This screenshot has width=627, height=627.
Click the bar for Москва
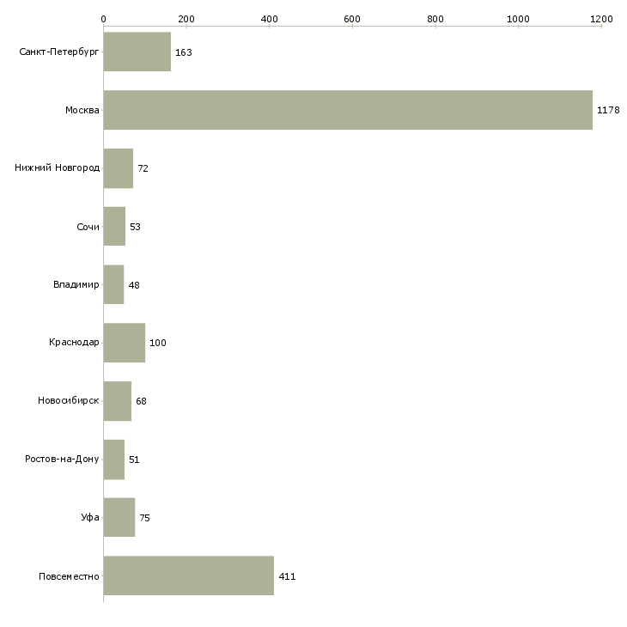point(348,110)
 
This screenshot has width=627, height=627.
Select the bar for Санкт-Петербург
point(137,52)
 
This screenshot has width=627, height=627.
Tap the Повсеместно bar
point(189,575)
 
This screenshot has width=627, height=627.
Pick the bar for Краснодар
point(125,343)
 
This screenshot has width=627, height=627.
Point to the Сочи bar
point(114,227)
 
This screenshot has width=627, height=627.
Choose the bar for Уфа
point(119,517)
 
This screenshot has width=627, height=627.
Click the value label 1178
point(608,110)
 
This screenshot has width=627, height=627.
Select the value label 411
point(287,576)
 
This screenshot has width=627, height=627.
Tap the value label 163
point(184,52)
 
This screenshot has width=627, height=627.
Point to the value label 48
point(134,285)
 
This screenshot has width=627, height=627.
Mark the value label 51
point(134,460)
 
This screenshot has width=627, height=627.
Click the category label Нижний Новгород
point(58,168)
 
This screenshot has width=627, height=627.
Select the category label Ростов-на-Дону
point(62,459)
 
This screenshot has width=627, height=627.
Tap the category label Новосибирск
point(69,400)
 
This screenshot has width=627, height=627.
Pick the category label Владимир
point(76,284)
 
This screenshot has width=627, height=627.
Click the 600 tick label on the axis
point(352,19)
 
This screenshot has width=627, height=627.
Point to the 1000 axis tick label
point(518,19)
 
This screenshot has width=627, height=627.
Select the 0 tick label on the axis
point(104,19)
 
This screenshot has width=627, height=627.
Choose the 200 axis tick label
point(186,19)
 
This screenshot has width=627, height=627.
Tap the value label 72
point(143,168)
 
